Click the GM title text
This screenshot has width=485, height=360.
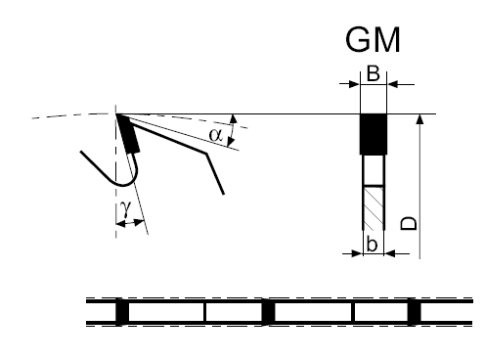[373, 40]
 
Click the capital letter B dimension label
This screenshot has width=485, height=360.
[374, 73]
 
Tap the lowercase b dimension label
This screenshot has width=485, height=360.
[372, 244]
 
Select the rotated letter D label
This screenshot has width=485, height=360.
[409, 223]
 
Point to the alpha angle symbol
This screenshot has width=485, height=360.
[216, 134]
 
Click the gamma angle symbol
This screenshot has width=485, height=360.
[125, 207]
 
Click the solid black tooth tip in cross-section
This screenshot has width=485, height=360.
[374, 134]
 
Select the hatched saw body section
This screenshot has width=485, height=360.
[374, 207]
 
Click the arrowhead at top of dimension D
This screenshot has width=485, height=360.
[420, 119]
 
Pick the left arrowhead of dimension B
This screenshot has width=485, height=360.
[354, 84]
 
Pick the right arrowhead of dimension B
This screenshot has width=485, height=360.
[393, 84]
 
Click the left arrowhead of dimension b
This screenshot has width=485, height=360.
[358, 253]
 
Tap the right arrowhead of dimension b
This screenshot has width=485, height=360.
[390, 253]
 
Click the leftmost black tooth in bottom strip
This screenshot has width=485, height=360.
[122, 312]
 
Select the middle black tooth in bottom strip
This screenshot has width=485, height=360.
[269, 312]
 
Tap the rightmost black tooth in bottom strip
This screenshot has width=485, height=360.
[414, 312]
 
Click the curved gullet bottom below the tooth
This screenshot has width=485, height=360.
[124, 185]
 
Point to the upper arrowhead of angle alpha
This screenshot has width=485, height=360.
[234, 119]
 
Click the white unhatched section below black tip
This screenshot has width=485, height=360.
[374, 169]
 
